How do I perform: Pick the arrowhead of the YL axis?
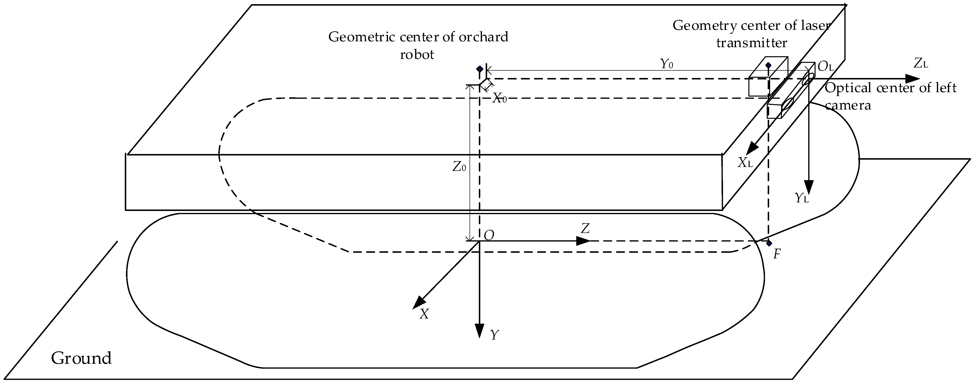[808, 187]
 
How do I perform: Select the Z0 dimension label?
[459, 167]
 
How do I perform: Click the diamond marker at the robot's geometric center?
[480, 69]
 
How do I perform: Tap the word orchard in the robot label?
[483, 37]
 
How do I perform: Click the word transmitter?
[751, 43]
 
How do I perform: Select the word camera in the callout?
[848, 105]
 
